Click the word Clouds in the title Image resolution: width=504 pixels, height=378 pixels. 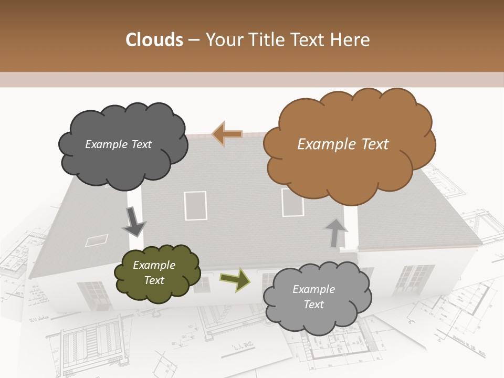(154, 40)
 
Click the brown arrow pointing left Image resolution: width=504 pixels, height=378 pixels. (227, 134)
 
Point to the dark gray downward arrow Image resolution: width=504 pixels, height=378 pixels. (134, 222)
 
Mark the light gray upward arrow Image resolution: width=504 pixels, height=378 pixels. (335, 233)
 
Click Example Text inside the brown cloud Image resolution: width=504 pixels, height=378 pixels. (343, 144)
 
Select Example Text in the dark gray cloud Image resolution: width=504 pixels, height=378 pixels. (118, 144)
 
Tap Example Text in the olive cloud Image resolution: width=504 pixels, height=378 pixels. (154, 273)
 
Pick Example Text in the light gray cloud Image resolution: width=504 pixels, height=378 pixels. (313, 297)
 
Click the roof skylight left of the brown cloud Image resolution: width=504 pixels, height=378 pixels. (195, 205)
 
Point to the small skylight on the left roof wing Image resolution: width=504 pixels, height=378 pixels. (97, 240)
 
